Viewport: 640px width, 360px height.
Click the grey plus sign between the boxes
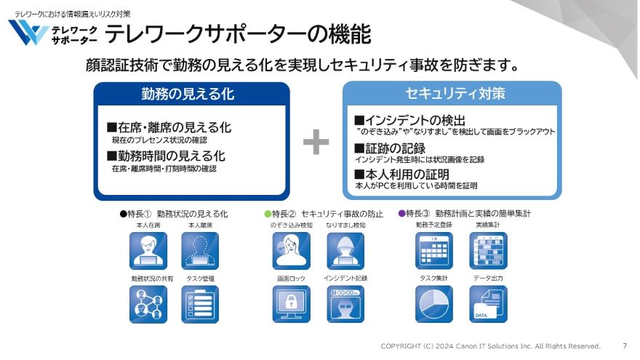pos(316,143)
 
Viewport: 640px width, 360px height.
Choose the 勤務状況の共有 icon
pos(148,304)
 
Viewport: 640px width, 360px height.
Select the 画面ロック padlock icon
pos(291,304)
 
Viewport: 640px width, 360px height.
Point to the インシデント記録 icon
pos(345,304)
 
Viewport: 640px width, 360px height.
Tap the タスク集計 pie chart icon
pos(433,304)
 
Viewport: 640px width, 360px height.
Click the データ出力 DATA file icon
pos(488,304)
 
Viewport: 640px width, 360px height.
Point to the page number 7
pos(625,345)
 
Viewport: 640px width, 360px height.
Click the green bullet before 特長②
pos(267,215)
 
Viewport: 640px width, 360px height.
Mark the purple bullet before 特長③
pos(401,215)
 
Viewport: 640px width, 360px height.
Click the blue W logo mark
pos(28,33)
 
